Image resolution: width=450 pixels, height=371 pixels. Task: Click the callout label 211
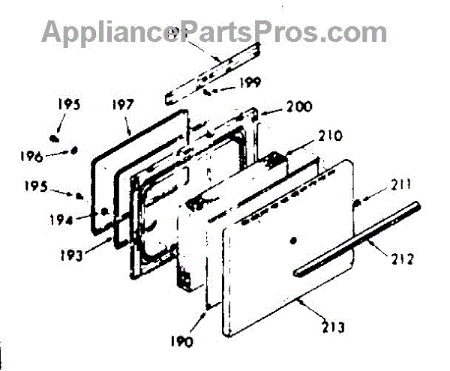400,185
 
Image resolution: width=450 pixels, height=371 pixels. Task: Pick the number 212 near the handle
400,262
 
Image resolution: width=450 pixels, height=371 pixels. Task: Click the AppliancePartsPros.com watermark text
214,32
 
